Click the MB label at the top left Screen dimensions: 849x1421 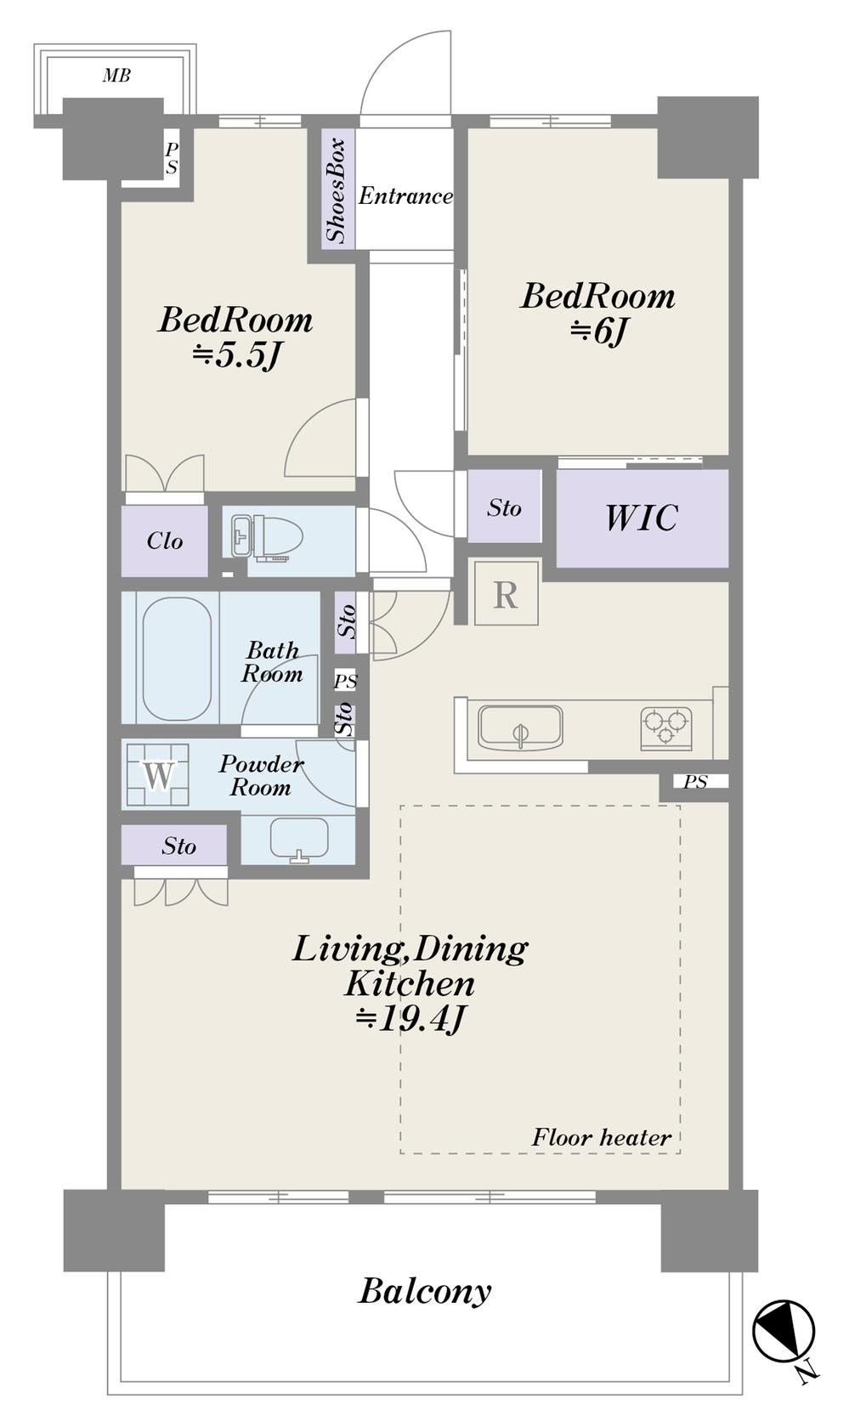point(116,76)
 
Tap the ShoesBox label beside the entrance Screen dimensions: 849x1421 point(337,190)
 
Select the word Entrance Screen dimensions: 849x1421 point(405,195)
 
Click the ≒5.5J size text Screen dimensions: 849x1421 point(236,356)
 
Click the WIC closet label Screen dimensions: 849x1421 point(642,517)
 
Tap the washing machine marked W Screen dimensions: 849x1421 point(157,774)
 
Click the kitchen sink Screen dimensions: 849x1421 point(520,727)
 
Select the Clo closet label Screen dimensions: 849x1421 point(165,541)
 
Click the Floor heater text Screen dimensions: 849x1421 point(601,1137)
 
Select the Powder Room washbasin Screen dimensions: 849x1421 point(299,840)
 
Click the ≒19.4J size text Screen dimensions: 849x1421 point(410,1018)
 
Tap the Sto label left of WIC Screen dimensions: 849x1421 point(505,507)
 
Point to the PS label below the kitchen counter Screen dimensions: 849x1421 point(695,782)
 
